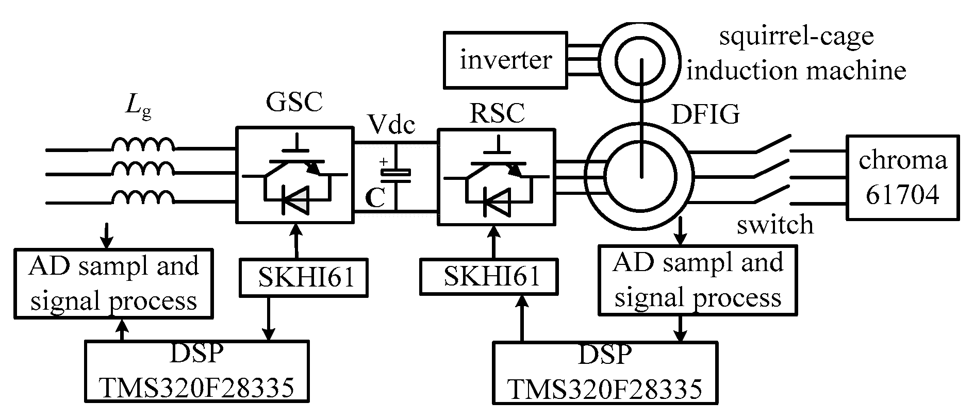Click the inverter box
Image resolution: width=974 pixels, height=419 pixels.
coord(505,60)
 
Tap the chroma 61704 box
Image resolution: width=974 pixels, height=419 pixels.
coord(902,178)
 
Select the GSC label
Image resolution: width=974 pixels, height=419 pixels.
coord(294,102)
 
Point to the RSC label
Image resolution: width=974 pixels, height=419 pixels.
coord(498,113)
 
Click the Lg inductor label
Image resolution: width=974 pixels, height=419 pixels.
coord(138,108)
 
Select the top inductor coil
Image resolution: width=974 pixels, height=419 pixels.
coord(143,145)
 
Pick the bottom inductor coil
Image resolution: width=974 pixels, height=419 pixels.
coord(143,197)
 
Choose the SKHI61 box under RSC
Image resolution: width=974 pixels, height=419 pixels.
coord(489,276)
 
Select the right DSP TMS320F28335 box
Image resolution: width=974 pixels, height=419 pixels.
coord(605,373)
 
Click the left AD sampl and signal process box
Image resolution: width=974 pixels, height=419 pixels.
coord(113,283)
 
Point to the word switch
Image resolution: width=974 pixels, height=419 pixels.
coord(774,225)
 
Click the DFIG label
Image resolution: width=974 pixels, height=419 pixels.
coord(706,114)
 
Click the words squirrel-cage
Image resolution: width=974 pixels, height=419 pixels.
coord(796,36)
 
